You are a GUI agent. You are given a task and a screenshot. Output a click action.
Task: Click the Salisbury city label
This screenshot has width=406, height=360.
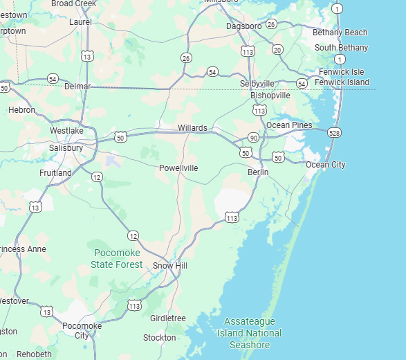point(66,148)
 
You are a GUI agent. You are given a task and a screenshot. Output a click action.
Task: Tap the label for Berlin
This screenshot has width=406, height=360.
point(258,172)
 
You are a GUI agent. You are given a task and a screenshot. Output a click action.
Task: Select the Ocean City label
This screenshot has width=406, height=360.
point(325,165)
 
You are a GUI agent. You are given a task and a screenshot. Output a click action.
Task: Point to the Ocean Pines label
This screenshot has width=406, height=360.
point(289,125)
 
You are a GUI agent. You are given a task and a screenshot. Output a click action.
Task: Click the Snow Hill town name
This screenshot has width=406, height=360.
point(170,266)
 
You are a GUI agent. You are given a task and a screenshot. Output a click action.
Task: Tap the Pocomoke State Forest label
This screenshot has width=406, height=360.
point(117,258)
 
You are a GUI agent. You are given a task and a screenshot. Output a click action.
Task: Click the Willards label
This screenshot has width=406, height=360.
point(192,128)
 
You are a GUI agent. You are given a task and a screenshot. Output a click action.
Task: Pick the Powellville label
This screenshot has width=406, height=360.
point(178,168)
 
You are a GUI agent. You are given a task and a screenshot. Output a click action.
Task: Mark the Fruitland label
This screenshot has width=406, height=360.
point(55,172)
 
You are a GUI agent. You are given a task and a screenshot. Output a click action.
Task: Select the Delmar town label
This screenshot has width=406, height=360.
point(77,87)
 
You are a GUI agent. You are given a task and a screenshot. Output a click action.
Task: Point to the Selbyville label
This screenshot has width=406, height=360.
point(257,84)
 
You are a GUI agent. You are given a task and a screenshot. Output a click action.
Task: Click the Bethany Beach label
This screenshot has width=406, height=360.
point(340,33)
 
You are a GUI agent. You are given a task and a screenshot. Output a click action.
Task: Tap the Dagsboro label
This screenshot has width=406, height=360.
point(243,26)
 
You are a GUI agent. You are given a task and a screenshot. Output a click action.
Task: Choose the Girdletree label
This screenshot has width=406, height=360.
point(168,318)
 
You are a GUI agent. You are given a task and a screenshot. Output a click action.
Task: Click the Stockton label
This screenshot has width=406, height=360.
point(160,338)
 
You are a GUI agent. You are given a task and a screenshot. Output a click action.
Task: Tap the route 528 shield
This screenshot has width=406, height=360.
point(335,132)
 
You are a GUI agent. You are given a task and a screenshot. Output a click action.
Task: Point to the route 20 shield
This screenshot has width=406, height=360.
point(277,50)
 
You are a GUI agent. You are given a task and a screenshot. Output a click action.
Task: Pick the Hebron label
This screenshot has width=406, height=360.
point(21,110)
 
